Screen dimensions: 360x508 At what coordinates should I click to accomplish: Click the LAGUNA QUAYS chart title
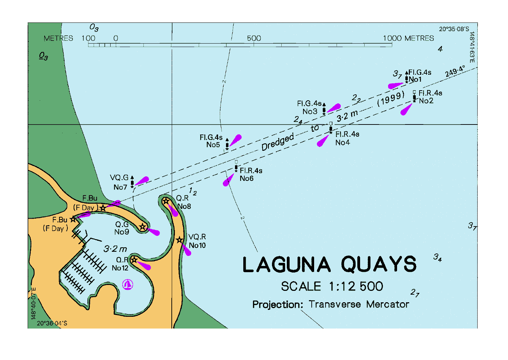[x=329, y=265]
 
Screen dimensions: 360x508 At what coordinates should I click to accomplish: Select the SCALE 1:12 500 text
[x=332, y=286]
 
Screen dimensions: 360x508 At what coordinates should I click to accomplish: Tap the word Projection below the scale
[x=277, y=304]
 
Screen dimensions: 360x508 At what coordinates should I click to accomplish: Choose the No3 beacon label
[x=310, y=111]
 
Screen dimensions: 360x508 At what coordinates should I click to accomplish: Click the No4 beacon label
[x=342, y=142]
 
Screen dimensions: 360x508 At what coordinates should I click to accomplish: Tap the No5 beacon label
[x=213, y=145]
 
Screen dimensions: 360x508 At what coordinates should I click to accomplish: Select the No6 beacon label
[x=246, y=178]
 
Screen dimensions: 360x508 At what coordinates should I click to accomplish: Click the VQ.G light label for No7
[x=119, y=178]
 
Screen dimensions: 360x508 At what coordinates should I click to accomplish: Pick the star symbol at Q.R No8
[x=166, y=201]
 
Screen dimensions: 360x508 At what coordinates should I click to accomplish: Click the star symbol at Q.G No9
[x=142, y=227]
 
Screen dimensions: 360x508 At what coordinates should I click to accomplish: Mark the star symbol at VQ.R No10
[x=179, y=240]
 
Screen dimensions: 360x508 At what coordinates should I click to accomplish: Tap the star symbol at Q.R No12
[x=134, y=259]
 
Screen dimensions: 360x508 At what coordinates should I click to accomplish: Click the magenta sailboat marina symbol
[x=128, y=285]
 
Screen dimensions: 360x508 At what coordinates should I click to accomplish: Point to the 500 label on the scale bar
[x=254, y=38]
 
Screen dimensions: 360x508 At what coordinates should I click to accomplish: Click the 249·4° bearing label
[x=455, y=71]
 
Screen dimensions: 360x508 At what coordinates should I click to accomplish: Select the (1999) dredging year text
[x=391, y=99]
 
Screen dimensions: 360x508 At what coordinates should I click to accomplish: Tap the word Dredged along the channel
[x=277, y=142]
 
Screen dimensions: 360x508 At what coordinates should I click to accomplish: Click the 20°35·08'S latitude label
[x=454, y=29]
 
